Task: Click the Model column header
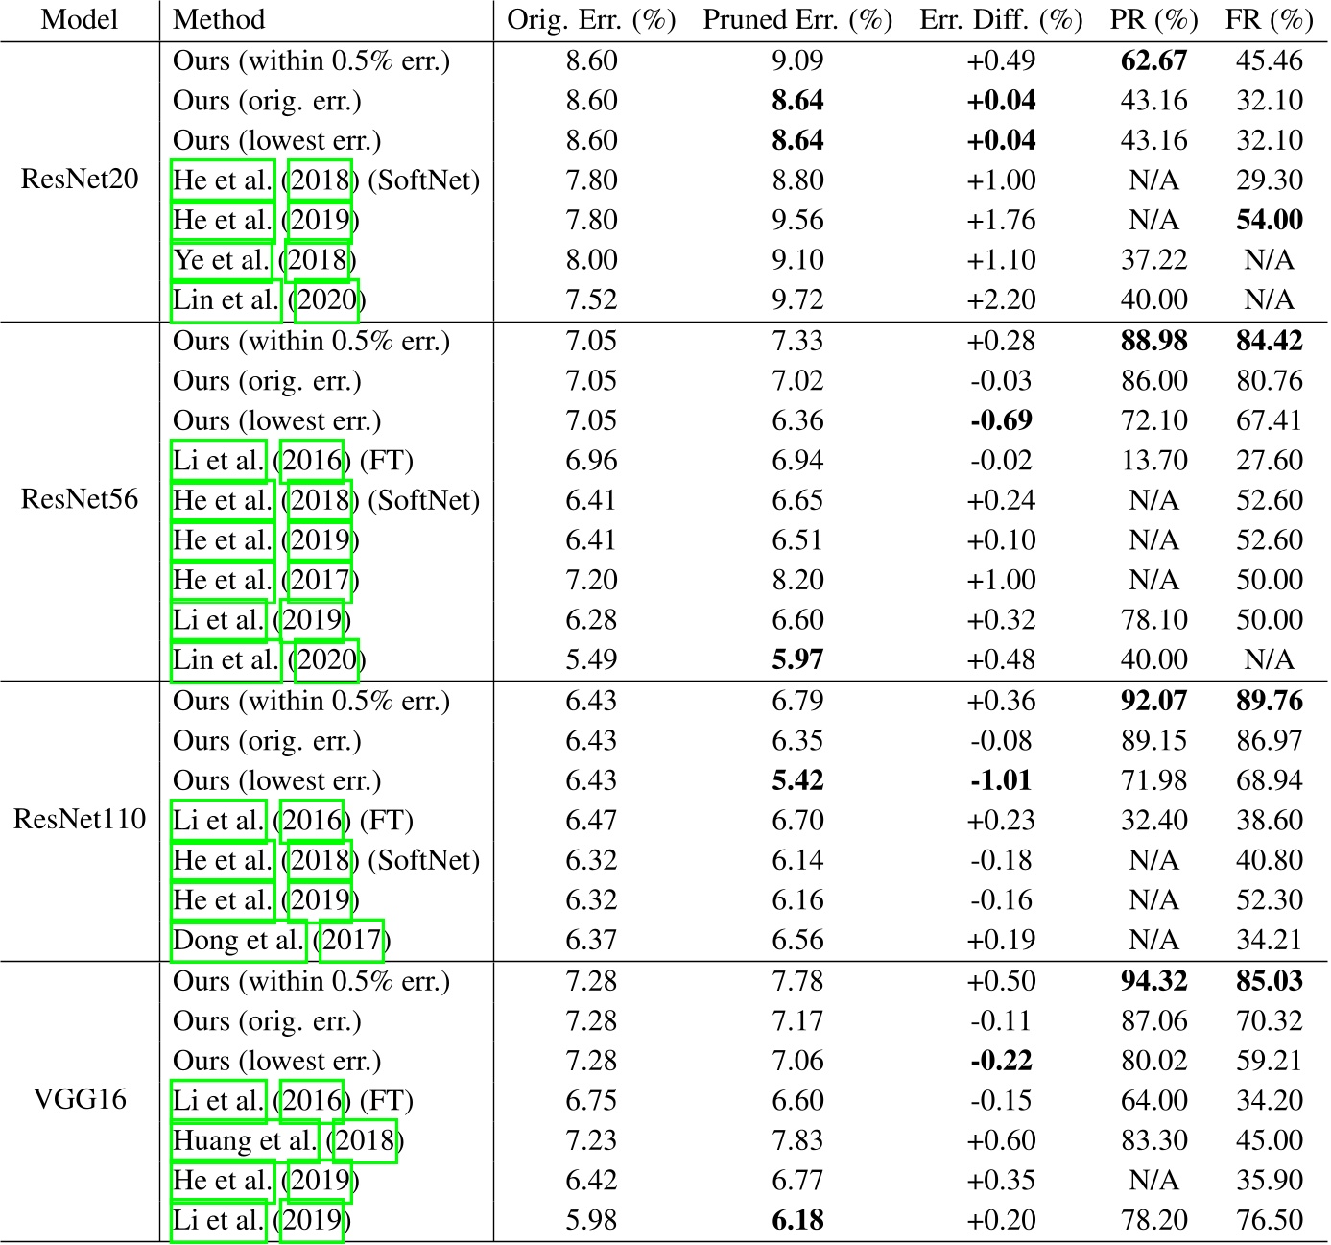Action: point(80,20)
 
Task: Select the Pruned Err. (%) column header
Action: point(797,20)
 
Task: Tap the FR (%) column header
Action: point(1269,20)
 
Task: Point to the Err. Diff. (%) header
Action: point(1001,20)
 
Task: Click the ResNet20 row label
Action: point(80,180)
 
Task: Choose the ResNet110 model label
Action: point(80,820)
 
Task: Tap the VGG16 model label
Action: point(80,1100)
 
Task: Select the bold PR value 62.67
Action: point(1153,60)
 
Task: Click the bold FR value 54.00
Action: point(1269,220)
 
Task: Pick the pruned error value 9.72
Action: point(797,299)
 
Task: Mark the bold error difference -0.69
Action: point(1001,420)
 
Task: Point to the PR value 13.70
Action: point(1153,461)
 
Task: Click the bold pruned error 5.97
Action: point(797,660)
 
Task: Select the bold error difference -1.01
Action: point(1001,780)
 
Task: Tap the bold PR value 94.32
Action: point(1153,981)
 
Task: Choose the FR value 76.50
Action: point(1269,1220)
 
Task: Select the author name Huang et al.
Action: point(245,1140)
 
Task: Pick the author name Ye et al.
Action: point(222,260)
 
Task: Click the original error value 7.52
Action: point(591,299)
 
